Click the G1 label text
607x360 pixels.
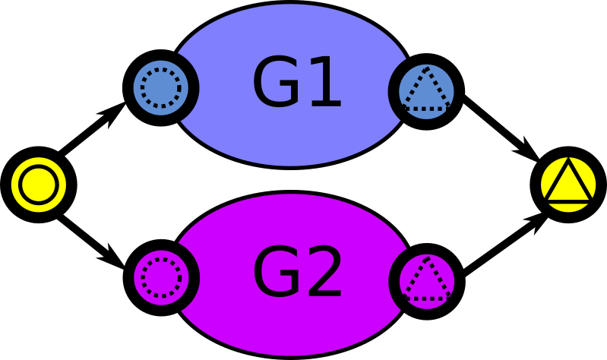[297, 81]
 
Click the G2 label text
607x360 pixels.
[297, 272]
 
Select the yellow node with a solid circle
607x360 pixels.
[39, 185]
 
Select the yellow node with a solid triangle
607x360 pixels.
[568, 185]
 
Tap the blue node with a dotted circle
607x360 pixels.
[160, 87]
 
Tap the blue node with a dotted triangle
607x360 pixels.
[426, 92]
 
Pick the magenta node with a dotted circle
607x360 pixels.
[161, 277]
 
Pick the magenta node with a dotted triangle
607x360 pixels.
[427, 282]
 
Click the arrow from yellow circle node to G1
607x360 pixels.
[92, 128]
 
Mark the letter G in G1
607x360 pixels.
[277, 81]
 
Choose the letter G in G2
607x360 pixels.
[277, 272]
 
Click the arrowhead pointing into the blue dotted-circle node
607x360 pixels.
[113, 114]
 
